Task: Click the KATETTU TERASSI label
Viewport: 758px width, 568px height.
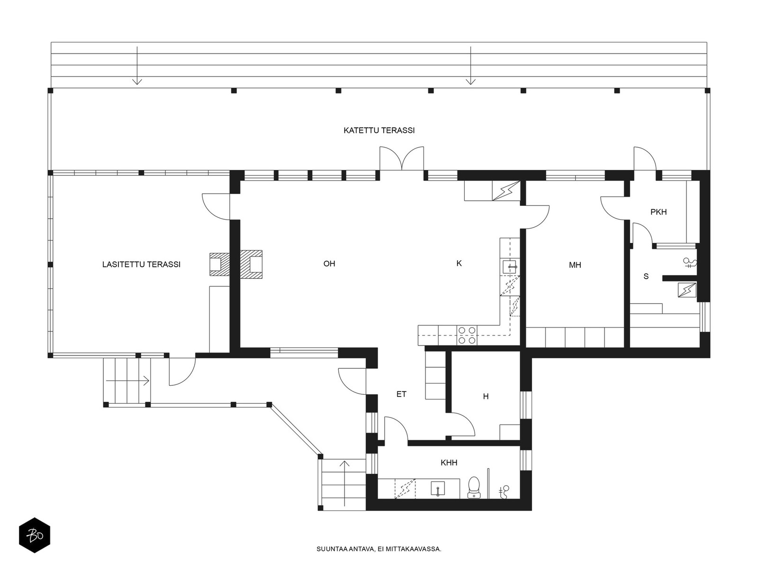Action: click(379, 130)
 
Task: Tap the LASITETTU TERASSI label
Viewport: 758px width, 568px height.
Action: click(141, 265)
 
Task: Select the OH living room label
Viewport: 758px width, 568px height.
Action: click(329, 264)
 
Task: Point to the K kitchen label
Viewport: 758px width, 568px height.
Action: click(459, 264)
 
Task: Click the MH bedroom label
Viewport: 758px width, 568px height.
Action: click(575, 265)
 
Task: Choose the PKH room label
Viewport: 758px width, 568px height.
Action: click(659, 212)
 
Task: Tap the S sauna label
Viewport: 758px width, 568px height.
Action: click(646, 276)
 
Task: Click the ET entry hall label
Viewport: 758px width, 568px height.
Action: click(401, 394)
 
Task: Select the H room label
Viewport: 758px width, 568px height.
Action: click(486, 397)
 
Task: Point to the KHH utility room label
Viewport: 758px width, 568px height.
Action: click(449, 463)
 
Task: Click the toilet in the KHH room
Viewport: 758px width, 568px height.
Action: click(474, 488)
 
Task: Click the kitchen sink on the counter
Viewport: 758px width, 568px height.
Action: click(510, 267)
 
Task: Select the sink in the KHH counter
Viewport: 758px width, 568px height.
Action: click(438, 489)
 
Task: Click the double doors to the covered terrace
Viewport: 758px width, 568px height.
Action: click(402, 159)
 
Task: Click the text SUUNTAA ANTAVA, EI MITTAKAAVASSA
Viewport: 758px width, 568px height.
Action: click(379, 549)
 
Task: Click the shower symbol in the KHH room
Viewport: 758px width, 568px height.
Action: click(504, 492)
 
